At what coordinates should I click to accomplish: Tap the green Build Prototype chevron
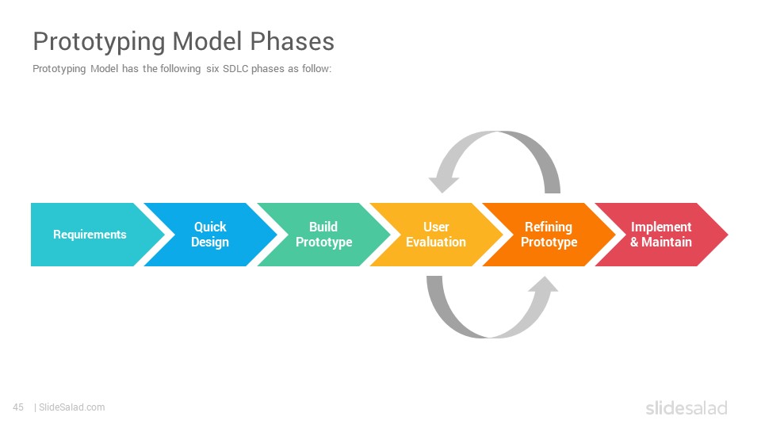click(323, 235)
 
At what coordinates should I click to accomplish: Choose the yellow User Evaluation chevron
click(436, 235)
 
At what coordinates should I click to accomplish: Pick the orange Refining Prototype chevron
click(549, 235)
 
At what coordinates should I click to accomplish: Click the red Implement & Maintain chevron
click(661, 235)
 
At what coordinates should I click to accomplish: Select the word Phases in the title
click(293, 41)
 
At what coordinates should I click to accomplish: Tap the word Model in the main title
click(208, 41)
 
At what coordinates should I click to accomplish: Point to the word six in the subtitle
click(212, 69)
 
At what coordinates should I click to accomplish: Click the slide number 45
click(18, 407)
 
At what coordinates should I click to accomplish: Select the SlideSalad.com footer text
click(72, 407)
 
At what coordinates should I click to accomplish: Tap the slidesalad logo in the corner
click(686, 408)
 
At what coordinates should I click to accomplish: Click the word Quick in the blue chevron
click(210, 227)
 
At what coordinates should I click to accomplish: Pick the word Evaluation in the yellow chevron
click(436, 242)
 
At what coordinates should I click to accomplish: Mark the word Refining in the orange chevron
click(549, 227)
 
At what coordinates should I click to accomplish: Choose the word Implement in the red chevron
click(661, 227)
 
